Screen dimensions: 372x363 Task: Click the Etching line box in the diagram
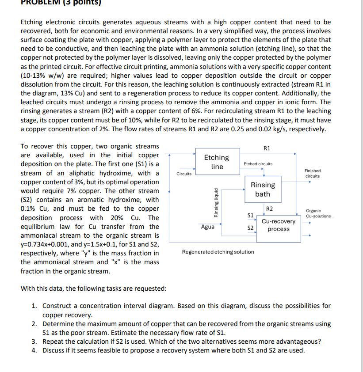coord(217,162)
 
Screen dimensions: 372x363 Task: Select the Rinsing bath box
coord(263,189)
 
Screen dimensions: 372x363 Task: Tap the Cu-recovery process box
coord(278,225)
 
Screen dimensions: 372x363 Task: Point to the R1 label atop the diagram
coord(267,148)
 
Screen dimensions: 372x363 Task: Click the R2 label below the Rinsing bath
coord(269,209)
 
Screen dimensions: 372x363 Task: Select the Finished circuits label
coord(313,173)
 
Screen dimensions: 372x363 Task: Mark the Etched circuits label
coord(258,163)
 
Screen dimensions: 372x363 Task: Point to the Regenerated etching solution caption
coord(218,252)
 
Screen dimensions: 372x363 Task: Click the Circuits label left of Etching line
coord(184,174)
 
